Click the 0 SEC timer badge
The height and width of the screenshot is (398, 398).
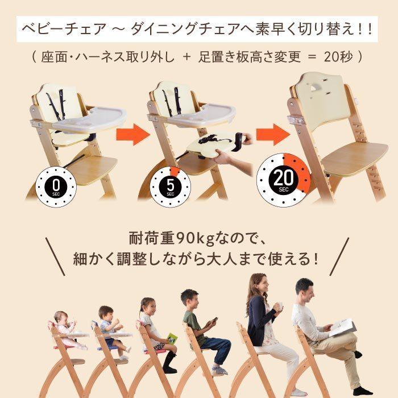(x=55, y=185)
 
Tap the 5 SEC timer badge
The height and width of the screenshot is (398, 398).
(x=170, y=185)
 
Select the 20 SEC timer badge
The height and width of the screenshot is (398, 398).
(x=284, y=180)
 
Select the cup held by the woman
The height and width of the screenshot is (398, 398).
(x=278, y=308)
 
